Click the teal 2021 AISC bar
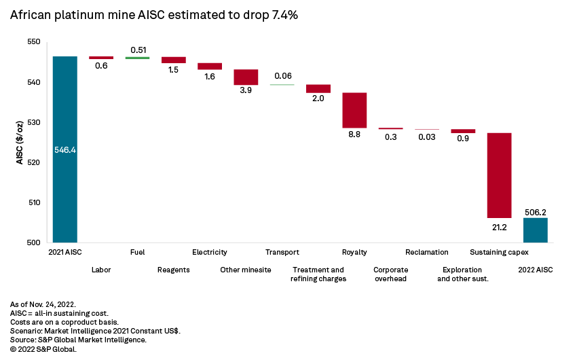(x=65, y=149)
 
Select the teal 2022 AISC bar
(x=535, y=230)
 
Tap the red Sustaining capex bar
(x=499, y=175)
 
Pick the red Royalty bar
(x=354, y=110)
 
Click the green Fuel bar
(x=137, y=58)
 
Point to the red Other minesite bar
(x=246, y=77)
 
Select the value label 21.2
(x=499, y=227)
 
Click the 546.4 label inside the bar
(x=65, y=149)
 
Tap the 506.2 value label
(x=536, y=211)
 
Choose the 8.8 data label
(x=354, y=136)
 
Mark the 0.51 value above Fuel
(x=138, y=49)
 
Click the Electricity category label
(x=210, y=253)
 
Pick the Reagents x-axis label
(x=173, y=270)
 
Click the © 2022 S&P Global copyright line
(x=43, y=349)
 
